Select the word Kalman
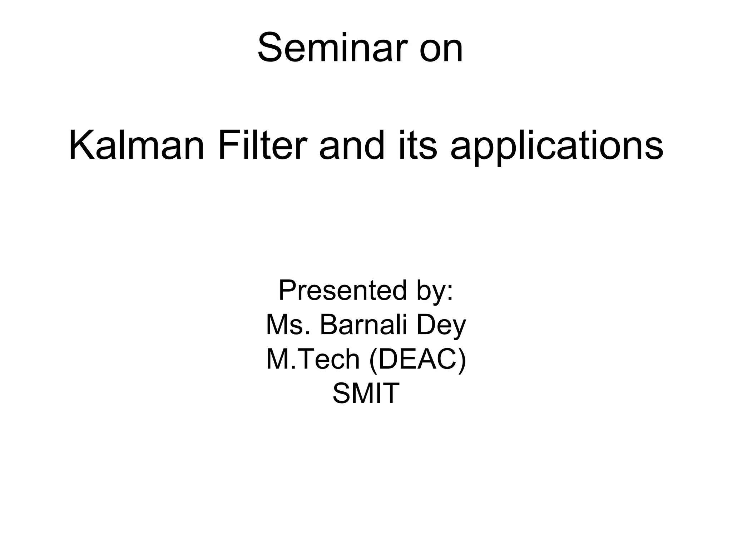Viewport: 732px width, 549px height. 137,146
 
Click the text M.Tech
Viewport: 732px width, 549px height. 313,359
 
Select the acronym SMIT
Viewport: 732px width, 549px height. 366,393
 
